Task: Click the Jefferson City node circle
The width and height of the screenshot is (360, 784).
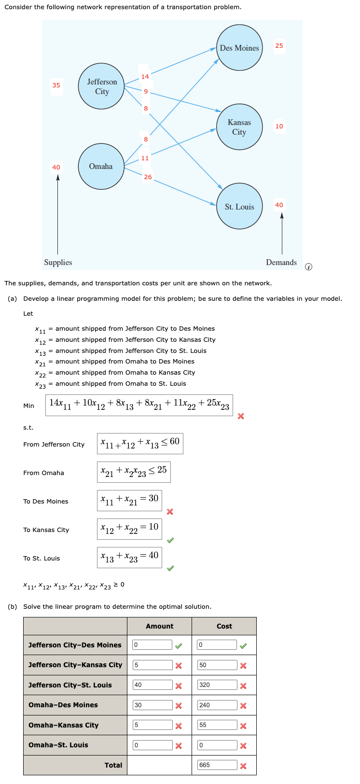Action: tap(102, 86)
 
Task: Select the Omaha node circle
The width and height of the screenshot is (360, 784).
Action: tap(101, 166)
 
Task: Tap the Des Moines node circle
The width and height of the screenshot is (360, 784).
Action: tap(239, 48)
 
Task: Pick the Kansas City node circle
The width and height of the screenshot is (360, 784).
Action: tap(239, 127)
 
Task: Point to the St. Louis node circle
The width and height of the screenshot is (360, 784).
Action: tap(239, 207)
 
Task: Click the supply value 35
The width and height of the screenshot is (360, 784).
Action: tap(56, 85)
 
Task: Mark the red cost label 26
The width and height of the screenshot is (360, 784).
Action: tap(148, 177)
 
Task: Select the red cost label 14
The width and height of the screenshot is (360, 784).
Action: tap(145, 77)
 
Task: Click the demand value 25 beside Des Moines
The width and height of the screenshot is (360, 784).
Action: tap(279, 46)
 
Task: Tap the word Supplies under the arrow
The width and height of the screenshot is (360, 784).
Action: tap(58, 262)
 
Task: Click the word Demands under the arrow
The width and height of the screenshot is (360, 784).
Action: tap(281, 262)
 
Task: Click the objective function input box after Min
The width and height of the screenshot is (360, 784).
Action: tap(139, 405)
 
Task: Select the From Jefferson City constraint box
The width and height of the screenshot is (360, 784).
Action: tap(140, 443)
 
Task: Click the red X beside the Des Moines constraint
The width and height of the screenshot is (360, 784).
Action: tap(170, 512)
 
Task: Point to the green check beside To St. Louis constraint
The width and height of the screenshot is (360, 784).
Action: tap(170, 568)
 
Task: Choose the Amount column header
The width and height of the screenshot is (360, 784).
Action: tap(159, 626)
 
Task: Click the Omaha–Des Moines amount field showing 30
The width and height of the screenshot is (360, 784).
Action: tap(152, 705)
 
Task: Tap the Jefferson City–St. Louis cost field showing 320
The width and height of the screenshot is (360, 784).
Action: tap(217, 685)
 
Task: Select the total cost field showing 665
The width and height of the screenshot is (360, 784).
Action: tap(217, 765)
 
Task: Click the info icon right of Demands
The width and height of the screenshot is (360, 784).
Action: tap(309, 266)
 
